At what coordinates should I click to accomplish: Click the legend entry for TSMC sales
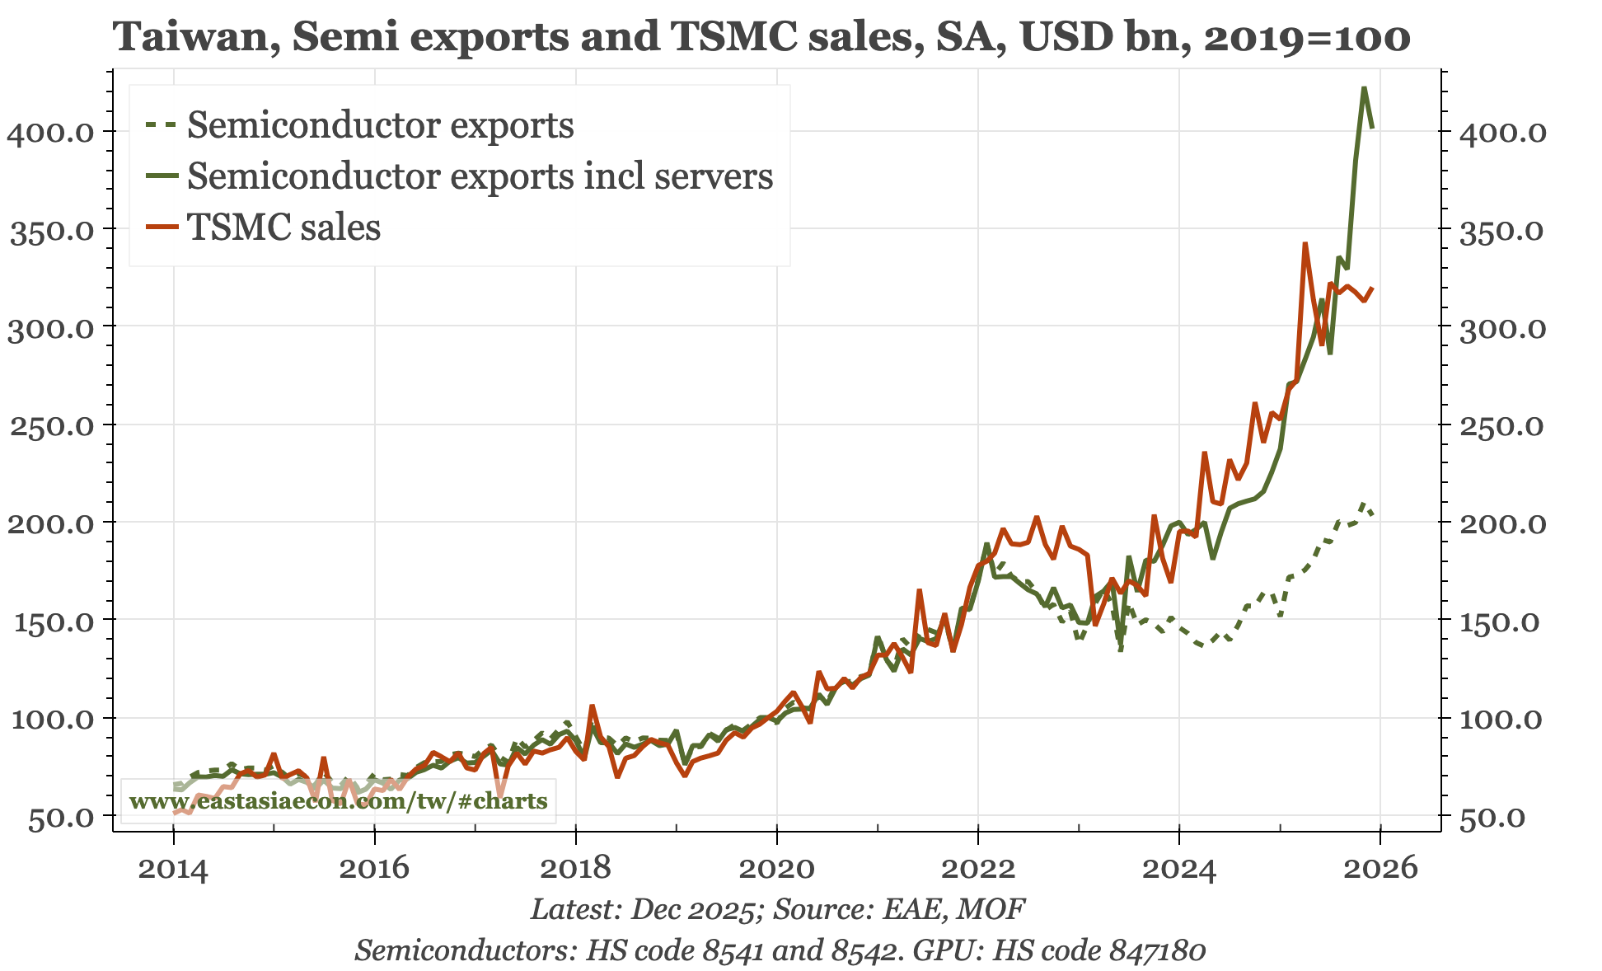283,228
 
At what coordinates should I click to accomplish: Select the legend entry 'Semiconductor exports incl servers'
480,176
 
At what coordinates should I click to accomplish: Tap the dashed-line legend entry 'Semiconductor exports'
380,125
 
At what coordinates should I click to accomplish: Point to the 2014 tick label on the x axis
173,868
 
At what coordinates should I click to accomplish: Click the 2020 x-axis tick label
776,868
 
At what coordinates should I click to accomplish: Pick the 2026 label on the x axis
1380,868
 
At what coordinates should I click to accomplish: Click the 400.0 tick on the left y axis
51,132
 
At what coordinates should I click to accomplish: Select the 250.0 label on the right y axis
1502,425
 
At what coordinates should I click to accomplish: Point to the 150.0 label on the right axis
1502,621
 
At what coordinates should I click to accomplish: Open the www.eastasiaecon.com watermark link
338,801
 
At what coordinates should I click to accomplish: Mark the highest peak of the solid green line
1364,87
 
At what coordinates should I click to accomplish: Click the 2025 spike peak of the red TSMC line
1305,244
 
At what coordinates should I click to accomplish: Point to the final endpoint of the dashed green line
1372,514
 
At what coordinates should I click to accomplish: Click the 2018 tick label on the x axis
575,868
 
